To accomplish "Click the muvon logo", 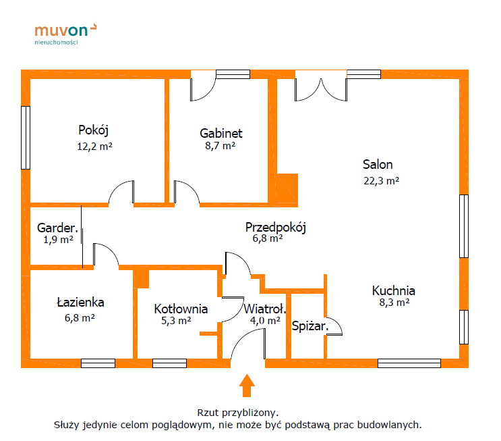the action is [65, 34].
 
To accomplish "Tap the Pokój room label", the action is [93, 130].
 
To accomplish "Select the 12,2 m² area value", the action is [94, 147].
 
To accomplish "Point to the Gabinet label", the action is [221, 133].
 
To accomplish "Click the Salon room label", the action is [378, 165].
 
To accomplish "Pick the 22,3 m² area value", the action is [381, 181].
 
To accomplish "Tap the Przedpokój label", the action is [275, 228].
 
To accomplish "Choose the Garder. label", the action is [57, 228].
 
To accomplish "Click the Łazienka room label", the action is [80, 302].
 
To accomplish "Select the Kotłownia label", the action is [181, 309].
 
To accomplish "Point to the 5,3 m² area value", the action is [176, 320].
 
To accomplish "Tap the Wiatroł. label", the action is [265, 309].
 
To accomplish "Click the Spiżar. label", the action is [310, 326].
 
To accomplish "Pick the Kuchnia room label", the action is [394, 290].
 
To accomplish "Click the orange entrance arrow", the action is [247, 386].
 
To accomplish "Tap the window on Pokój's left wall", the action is [26, 138].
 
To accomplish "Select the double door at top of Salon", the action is [321, 86].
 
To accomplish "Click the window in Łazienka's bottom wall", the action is [98, 363].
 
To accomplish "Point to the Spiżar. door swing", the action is [334, 326].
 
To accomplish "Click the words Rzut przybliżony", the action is [238, 413].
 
